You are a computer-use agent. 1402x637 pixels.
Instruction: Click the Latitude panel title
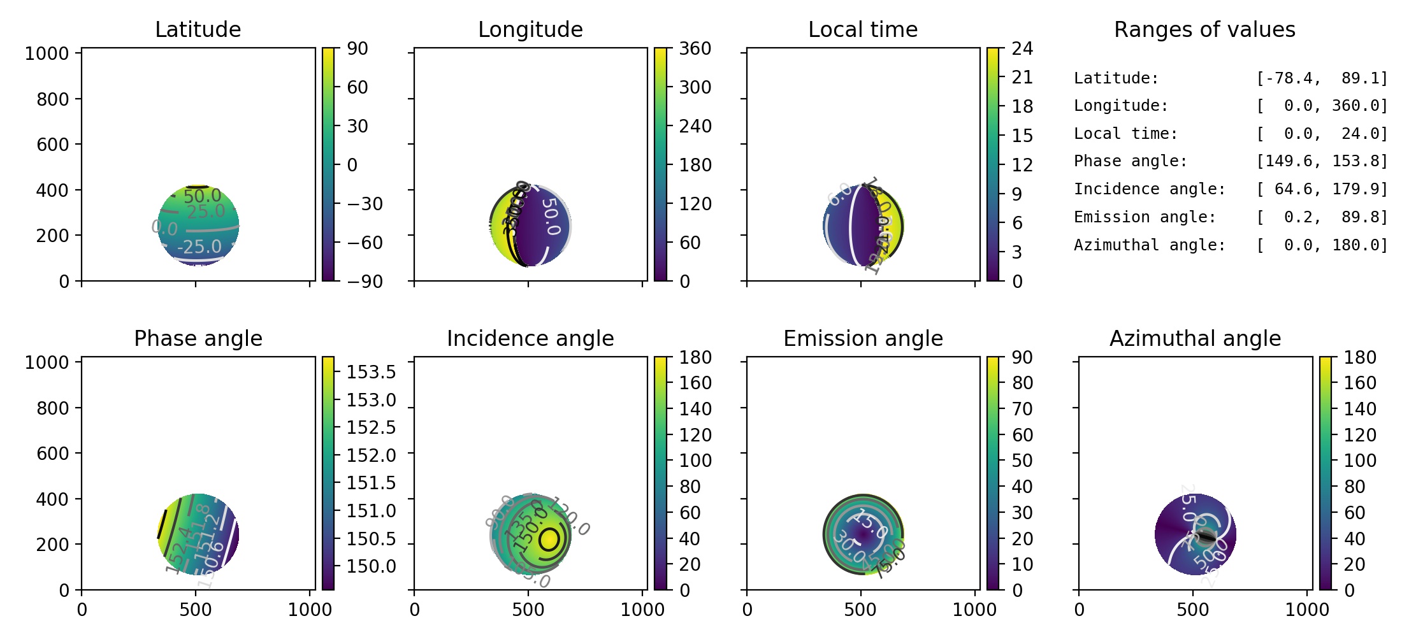coord(198,29)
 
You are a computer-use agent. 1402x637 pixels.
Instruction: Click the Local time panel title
coord(863,29)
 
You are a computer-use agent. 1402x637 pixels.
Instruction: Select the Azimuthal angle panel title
coord(1195,338)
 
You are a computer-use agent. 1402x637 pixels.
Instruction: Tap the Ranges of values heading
coord(1204,29)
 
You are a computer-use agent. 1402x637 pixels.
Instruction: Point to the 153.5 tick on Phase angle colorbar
coord(371,371)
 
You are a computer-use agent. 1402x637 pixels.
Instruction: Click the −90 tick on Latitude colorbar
coord(365,281)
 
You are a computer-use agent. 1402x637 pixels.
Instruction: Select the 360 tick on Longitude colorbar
coord(695,48)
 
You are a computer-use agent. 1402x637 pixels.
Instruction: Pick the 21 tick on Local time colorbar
coord(1022,77)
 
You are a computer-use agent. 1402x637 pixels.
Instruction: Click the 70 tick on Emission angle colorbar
coord(1022,409)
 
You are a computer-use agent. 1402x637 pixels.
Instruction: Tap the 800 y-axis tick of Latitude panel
coord(52,99)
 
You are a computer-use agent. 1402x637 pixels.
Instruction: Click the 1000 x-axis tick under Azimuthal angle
coord(1306,610)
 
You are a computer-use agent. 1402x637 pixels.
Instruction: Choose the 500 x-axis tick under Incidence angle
coord(528,610)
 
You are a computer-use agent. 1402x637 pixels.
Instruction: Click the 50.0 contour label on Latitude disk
coord(202,196)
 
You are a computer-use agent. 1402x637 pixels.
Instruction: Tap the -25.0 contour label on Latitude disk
coord(199,247)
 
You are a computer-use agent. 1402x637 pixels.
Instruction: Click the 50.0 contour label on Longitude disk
coord(550,217)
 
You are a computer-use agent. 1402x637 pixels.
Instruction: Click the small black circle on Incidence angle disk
coord(549,539)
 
